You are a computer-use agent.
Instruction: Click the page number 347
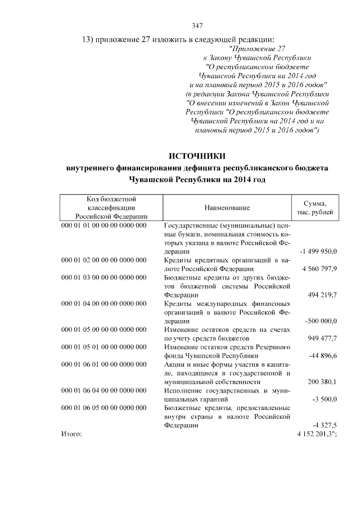coord(197,25)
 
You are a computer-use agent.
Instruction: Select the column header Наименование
coord(227,208)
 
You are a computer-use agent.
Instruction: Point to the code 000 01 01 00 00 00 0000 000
coord(103,226)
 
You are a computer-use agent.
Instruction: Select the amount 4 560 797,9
coord(319,269)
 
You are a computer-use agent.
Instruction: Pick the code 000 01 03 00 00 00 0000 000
coord(103,277)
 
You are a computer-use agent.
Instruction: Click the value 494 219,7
coord(322,295)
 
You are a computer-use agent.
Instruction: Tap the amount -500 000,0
coord(320,321)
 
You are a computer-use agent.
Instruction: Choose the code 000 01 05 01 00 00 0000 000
coord(103,347)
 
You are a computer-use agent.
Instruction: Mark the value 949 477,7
coord(322,338)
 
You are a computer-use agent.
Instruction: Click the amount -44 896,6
coord(323,355)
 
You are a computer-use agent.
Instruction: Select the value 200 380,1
coord(322,381)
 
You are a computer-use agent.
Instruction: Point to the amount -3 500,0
coord(324,399)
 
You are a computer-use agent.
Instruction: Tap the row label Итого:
coord(71,434)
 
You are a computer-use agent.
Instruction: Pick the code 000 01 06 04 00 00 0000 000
coord(103,390)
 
